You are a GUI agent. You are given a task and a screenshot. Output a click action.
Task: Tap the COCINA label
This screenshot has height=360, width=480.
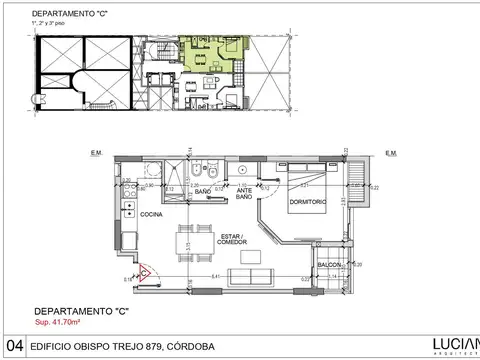pyautogui.click(x=152, y=214)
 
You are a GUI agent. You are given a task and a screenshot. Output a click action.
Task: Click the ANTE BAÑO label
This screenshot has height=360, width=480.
pyautogui.click(x=243, y=194)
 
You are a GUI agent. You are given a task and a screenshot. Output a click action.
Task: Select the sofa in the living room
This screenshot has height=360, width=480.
pyautogui.click(x=245, y=276)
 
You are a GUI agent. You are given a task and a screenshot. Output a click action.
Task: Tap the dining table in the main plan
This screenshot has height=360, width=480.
pyautogui.click(x=185, y=245)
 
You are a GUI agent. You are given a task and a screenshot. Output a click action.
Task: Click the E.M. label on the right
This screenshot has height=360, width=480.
pyautogui.click(x=392, y=153)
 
